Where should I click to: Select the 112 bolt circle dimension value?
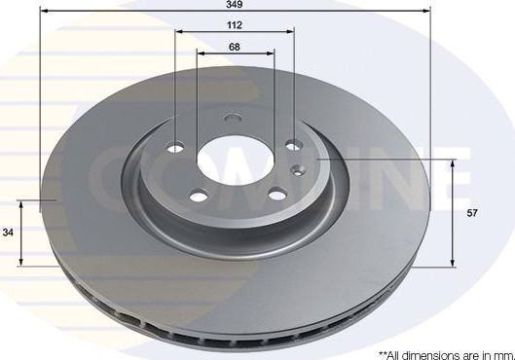tap(235, 26)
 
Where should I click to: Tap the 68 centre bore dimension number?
tap(235, 46)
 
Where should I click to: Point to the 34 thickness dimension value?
tap(9, 232)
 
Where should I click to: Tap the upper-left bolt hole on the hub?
tap(176, 149)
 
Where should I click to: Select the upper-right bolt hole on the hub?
tap(294, 148)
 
